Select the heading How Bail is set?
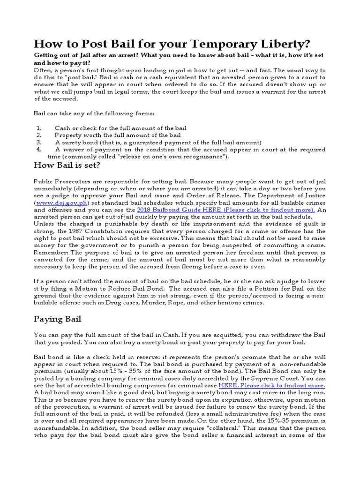67,165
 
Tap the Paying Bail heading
58,319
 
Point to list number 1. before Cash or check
39,128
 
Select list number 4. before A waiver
39,149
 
